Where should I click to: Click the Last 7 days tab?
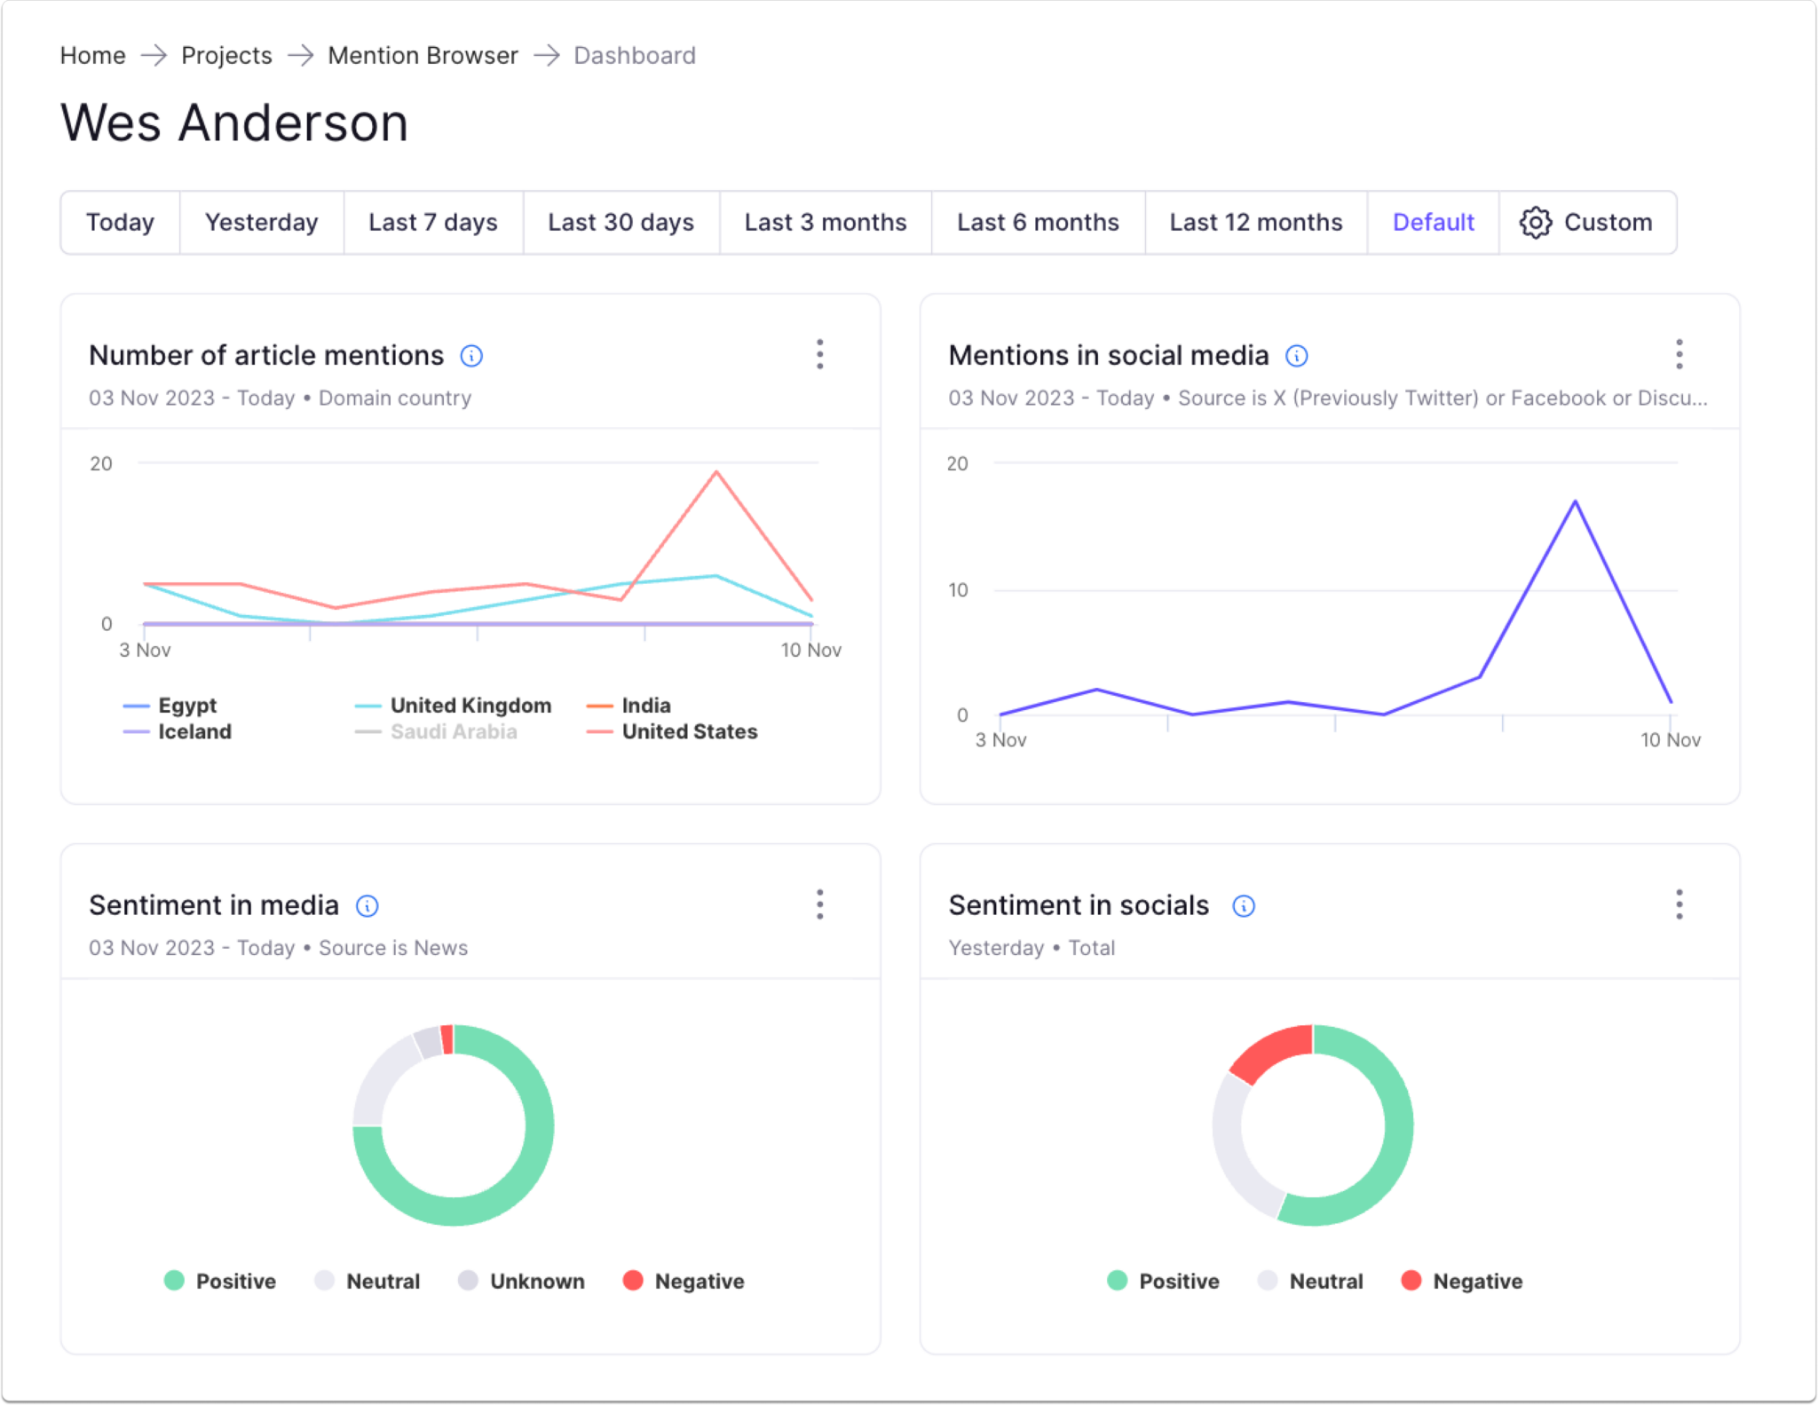coord(432,222)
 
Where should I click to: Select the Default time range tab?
coord(1432,222)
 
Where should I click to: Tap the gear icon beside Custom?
coord(1535,222)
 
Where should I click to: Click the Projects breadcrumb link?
coord(226,55)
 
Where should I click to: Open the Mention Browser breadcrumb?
coord(423,55)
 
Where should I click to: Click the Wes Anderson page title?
coord(234,122)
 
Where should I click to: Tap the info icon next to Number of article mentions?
coord(471,356)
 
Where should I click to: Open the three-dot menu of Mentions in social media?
coord(1679,354)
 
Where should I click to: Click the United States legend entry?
coord(689,731)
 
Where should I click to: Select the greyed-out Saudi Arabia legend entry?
coord(453,731)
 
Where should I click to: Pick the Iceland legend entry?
coord(194,731)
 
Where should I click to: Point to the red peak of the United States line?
coord(716,473)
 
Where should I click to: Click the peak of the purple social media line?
coord(1576,502)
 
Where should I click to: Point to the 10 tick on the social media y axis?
coord(958,590)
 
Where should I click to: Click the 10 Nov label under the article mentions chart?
coord(810,650)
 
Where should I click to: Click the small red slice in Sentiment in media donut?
coord(447,1039)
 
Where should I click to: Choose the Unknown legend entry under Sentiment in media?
coord(536,1281)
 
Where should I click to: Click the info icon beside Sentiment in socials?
coord(1244,905)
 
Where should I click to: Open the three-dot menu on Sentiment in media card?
coord(819,904)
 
